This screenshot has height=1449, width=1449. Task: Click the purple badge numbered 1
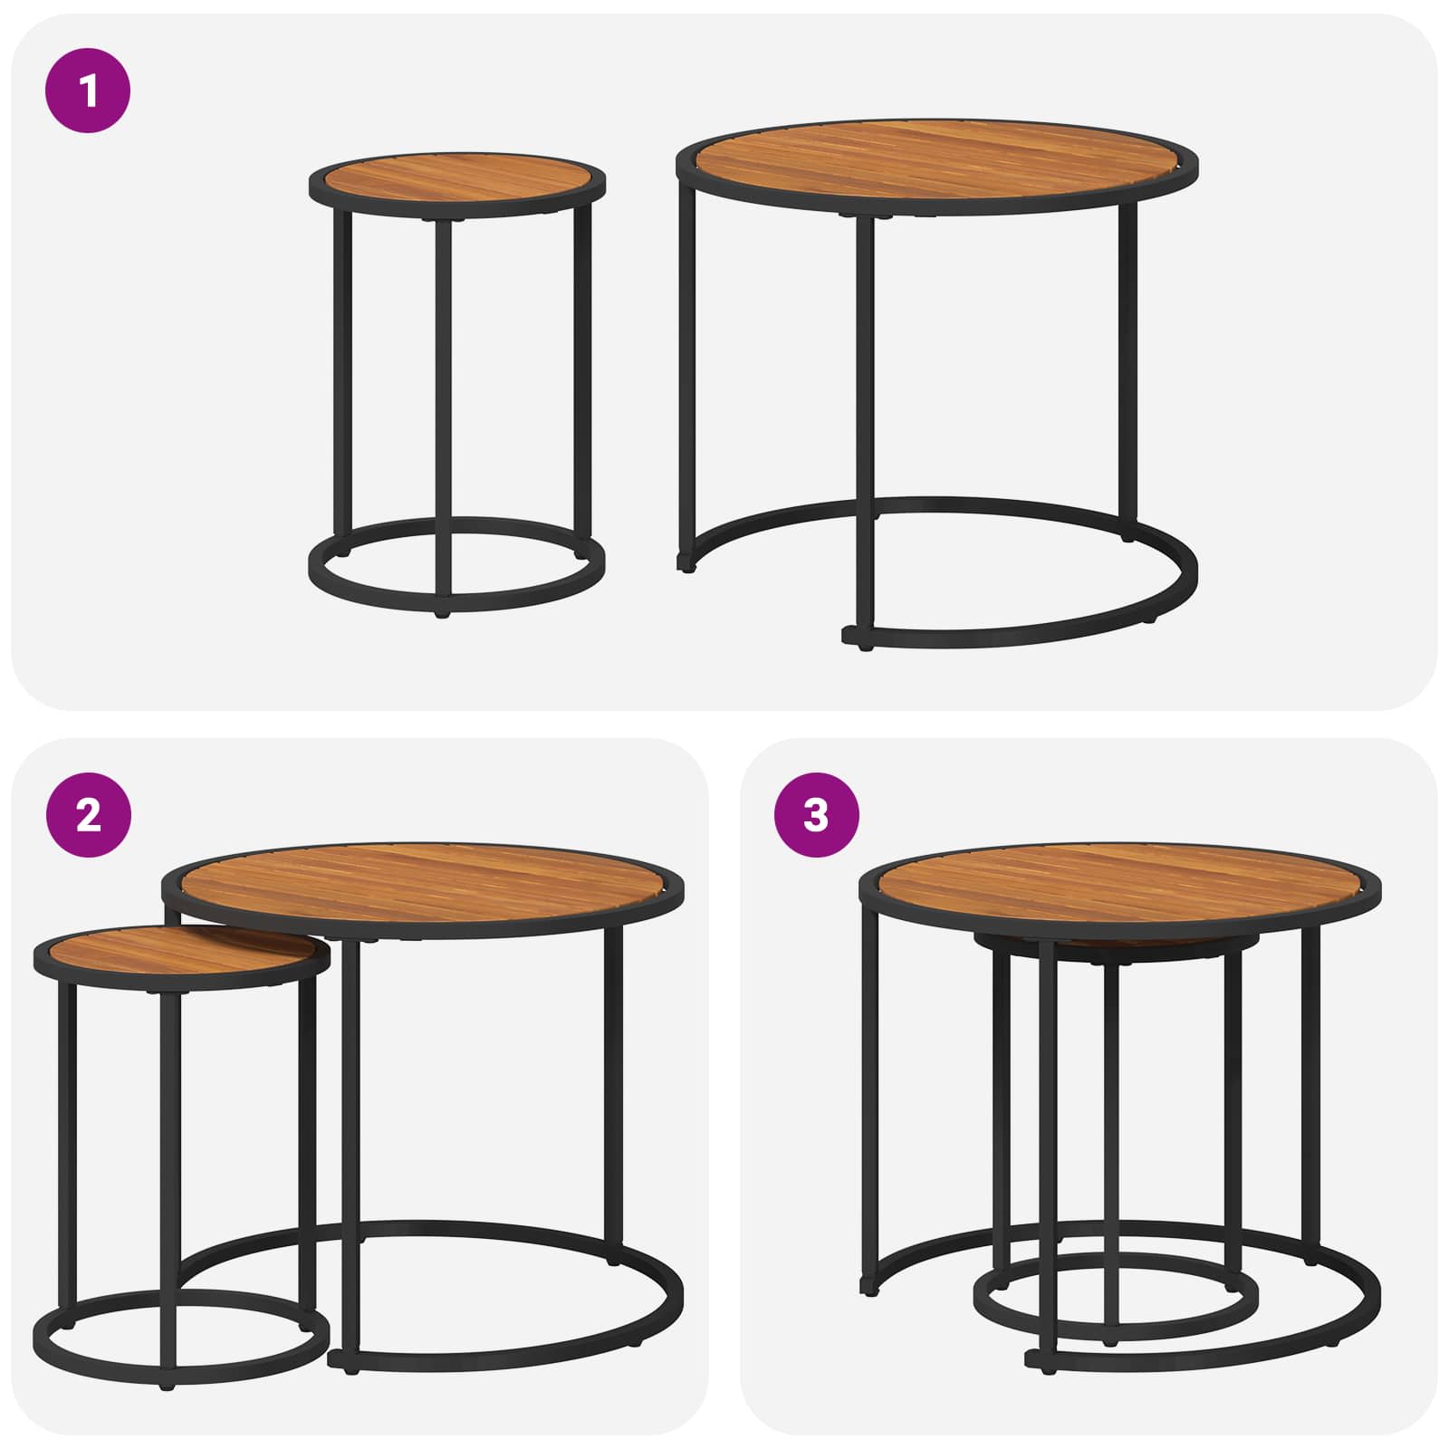pos(88,91)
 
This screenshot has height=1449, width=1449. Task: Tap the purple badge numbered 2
pos(88,815)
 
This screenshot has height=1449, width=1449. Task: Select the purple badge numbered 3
pos(816,815)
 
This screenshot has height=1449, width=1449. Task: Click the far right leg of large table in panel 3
pos(1311,1087)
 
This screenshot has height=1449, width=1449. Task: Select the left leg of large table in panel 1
pos(686,362)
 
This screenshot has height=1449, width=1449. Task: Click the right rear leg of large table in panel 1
pos(1128,362)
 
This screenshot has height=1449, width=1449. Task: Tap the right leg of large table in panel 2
pos(613,1087)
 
